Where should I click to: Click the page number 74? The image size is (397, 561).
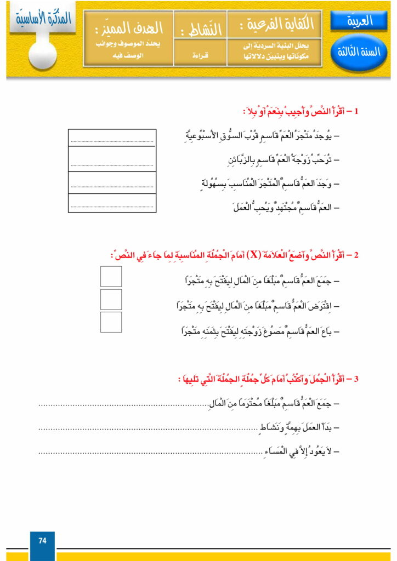tap(42, 541)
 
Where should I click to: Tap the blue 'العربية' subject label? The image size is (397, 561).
tap(359, 21)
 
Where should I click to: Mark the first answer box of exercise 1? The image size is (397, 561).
tap(112, 139)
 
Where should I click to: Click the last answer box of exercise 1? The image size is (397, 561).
tap(112, 203)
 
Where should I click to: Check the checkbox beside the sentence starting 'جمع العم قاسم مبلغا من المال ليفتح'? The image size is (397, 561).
tap(111, 277)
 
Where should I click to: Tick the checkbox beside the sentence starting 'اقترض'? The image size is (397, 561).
tap(111, 299)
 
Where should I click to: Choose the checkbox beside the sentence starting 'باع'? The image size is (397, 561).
tap(111, 322)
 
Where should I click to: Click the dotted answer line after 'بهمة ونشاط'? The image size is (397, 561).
tap(148, 428)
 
